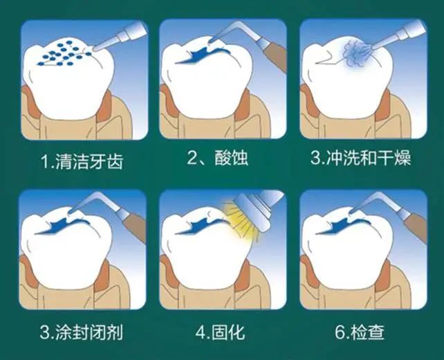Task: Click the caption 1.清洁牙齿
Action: [82, 161]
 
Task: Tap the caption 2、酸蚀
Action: [217, 157]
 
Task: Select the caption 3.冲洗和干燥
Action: [360, 157]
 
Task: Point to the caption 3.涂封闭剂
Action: [82, 332]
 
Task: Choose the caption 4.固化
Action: [220, 332]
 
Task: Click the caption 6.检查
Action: [360, 332]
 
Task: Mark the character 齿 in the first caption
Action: [115, 161]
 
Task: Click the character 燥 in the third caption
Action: [402, 157]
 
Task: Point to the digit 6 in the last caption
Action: [340, 332]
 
